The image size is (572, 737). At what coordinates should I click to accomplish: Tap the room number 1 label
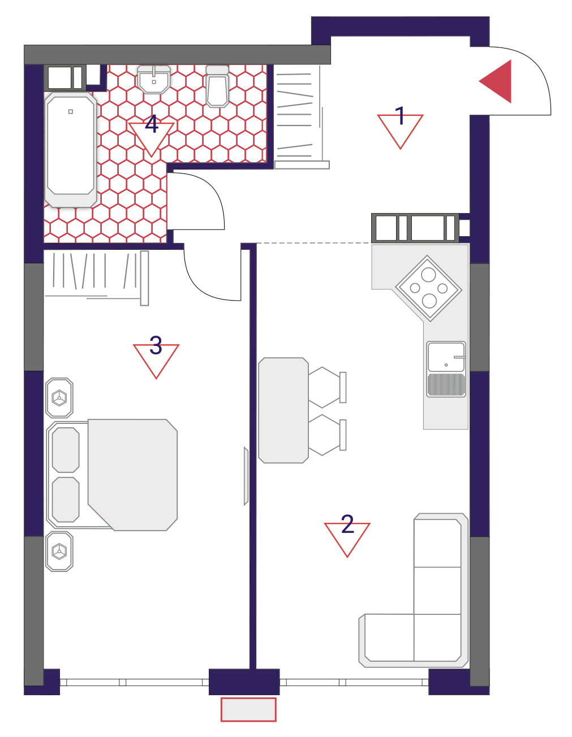point(400,115)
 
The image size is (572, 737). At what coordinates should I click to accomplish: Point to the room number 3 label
point(156,345)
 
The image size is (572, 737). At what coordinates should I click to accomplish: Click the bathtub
point(71,150)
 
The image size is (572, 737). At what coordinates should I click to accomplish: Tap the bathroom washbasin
point(154,79)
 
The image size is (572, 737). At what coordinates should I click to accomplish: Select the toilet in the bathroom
point(217,86)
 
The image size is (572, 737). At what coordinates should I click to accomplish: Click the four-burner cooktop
point(428,288)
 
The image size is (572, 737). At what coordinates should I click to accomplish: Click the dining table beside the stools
point(283,410)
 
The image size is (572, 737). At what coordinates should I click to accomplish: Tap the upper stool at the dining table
point(327,387)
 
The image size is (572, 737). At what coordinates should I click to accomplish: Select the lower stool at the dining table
point(327,435)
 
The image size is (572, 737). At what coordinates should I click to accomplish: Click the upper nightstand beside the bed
point(59,398)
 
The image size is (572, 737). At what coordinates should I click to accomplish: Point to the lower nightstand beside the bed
point(59,552)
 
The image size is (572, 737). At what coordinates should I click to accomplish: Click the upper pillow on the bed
point(66,450)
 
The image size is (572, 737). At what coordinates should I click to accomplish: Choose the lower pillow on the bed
point(66,500)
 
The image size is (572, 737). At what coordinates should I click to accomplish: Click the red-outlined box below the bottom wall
point(248,709)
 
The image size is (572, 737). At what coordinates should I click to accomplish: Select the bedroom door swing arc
point(199,287)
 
